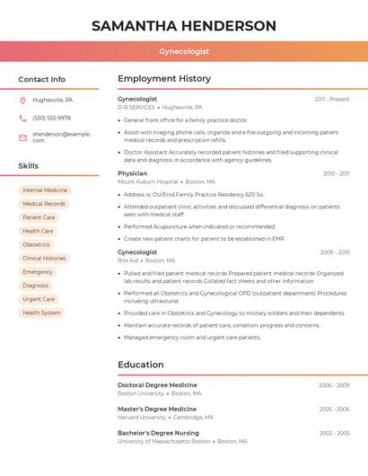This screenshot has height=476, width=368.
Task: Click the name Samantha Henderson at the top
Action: [184, 25]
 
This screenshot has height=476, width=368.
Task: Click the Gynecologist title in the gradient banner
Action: [184, 52]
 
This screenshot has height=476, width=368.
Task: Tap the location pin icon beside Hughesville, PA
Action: [22, 100]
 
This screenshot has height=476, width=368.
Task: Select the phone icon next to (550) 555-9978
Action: [22, 118]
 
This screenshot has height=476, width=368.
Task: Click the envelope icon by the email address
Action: [22, 137]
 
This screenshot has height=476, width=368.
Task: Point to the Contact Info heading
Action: [41, 79]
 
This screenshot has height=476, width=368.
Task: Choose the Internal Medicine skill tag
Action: [45, 190]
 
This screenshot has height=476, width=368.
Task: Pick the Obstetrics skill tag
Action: [36, 244]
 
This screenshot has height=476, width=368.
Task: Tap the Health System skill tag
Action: [41, 313]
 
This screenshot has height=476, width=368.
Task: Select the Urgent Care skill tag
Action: [39, 299]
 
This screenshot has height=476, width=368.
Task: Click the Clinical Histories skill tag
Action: [44, 258]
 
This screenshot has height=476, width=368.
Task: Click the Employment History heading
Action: [164, 79]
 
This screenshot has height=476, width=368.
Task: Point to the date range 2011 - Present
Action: [331, 99]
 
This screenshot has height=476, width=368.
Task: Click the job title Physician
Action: [132, 173]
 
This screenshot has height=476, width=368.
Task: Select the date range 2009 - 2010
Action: [335, 252]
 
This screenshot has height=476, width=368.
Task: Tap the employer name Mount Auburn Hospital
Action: [148, 181]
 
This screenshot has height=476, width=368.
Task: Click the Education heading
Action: [140, 365]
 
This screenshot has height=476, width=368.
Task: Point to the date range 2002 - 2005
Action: [334, 433]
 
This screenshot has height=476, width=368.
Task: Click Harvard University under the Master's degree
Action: [142, 417]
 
